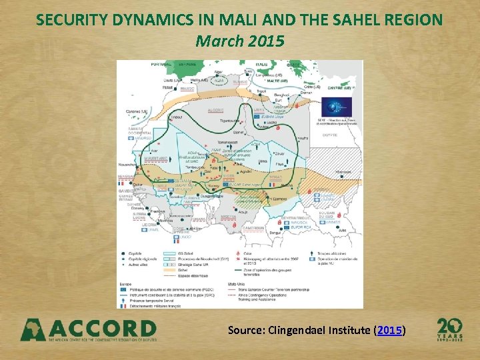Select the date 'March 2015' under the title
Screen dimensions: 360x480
pos(239,41)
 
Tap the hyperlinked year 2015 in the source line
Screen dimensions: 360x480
pos(389,330)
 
